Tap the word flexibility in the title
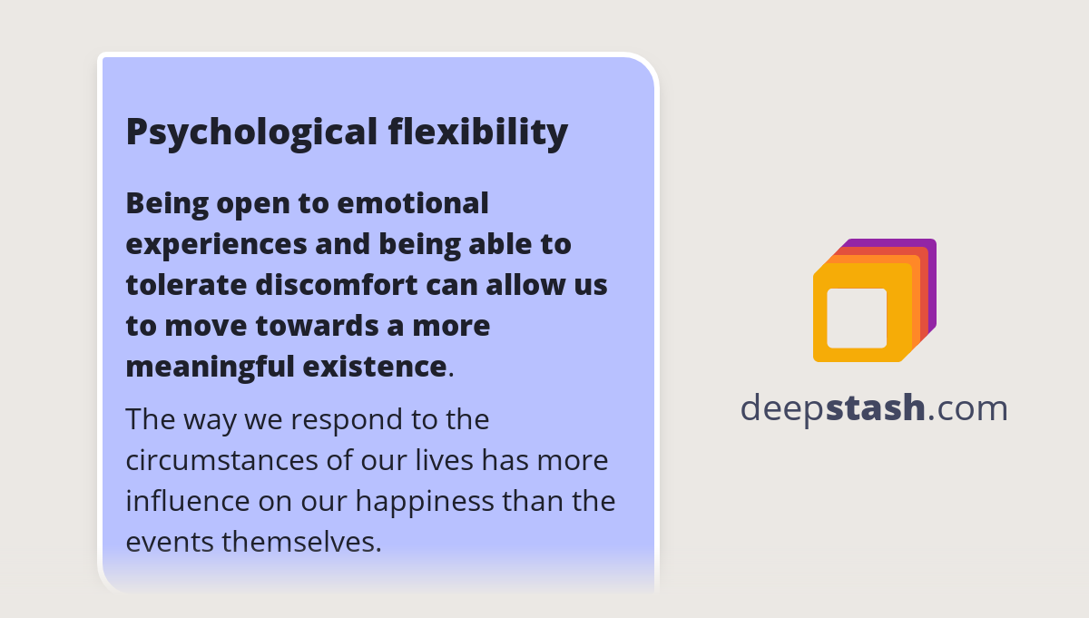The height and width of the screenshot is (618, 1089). click(478, 132)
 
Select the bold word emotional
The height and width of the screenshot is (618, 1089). click(413, 202)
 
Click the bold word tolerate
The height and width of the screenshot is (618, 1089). click(187, 284)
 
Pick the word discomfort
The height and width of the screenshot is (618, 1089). click(337, 284)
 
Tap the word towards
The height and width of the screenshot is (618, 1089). click(317, 325)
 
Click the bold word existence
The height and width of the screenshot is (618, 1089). click(374, 366)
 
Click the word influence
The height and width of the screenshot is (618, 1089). click(188, 501)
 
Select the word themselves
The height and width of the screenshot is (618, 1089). click(302, 542)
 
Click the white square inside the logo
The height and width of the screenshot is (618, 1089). click(857, 318)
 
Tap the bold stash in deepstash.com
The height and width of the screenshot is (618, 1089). click(875, 407)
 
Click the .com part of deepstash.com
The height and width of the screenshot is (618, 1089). click(967, 408)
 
